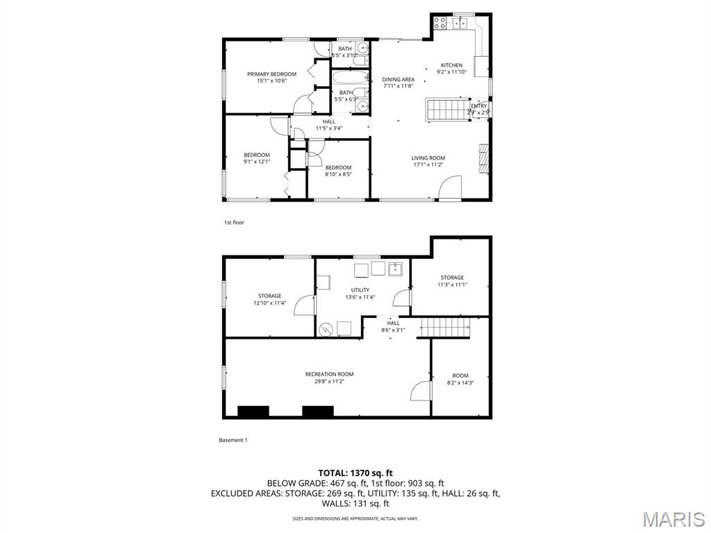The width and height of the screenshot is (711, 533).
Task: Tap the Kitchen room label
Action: [451, 66]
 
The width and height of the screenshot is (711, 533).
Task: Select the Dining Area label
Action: [398, 80]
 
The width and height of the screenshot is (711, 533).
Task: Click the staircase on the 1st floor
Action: [447, 110]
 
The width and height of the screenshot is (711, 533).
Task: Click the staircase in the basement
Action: [444, 327]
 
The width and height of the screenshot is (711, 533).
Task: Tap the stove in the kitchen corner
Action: [440, 23]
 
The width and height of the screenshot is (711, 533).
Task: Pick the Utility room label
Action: [360, 290]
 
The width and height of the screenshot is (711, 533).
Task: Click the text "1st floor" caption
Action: [234, 223]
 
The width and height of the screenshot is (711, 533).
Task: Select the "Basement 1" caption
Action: [233, 440]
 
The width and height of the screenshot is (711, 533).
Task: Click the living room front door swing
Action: [450, 189]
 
